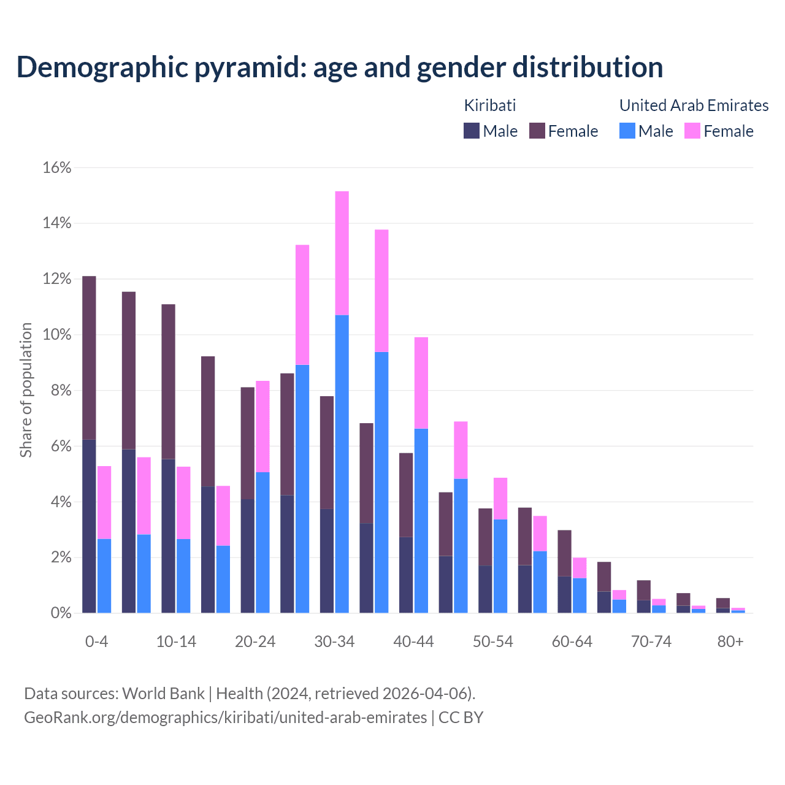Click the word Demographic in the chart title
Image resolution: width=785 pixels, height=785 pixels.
click(102, 67)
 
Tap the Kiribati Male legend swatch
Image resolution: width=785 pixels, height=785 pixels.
click(471, 131)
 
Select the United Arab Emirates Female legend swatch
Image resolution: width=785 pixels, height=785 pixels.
click(692, 131)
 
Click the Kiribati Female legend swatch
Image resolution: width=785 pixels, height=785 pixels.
click(537, 131)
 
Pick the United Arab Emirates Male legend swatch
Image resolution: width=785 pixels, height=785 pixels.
click(627, 131)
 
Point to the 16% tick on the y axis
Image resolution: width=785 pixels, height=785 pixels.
click(57, 167)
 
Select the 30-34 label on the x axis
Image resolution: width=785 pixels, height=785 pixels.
click(334, 642)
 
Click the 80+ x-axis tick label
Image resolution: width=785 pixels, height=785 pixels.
click(730, 642)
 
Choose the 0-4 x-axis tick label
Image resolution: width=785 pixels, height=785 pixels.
click(96, 642)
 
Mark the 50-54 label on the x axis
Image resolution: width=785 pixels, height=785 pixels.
click(492, 642)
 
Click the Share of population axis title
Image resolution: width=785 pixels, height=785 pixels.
click(26, 390)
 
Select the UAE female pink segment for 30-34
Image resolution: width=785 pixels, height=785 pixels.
click(342, 253)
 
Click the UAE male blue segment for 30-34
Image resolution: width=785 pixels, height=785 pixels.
click(342, 464)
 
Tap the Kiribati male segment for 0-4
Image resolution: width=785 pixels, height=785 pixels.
click(89, 526)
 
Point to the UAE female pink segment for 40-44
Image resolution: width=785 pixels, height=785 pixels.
click(421, 383)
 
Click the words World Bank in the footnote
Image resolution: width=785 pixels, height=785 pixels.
click(163, 694)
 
